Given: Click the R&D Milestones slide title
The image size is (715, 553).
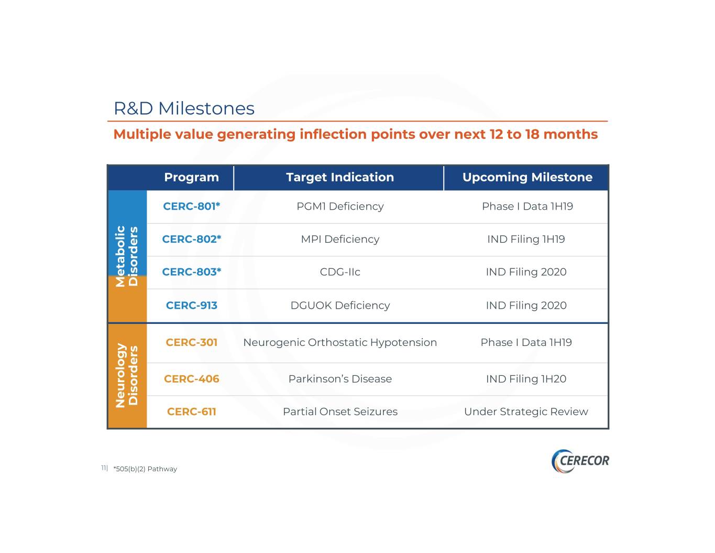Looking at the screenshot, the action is point(184,109).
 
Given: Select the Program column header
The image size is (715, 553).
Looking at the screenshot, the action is point(192,177).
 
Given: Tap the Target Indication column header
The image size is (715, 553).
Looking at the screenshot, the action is point(340,177).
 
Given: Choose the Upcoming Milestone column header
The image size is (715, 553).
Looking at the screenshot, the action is point(527,177).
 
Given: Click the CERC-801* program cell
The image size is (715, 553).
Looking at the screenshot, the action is point(192,207).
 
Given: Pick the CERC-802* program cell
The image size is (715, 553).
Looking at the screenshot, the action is point(192,239).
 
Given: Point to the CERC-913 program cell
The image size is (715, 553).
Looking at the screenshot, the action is point(192,306).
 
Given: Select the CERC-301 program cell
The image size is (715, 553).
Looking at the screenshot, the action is point(192,342).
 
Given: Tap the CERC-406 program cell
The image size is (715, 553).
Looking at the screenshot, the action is point(192,379).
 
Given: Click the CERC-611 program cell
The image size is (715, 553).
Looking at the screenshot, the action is point(192,411).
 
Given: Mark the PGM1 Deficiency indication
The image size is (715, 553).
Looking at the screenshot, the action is point(340,207).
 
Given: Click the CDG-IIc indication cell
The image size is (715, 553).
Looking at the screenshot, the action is point(340,272).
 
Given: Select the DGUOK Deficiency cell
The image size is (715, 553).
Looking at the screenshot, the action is point(340,306).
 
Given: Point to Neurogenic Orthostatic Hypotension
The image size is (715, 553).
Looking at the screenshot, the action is point(340,343).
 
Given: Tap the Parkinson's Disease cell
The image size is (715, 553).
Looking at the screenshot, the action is point(340,379).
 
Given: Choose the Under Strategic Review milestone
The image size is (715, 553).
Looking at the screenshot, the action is point(526,412).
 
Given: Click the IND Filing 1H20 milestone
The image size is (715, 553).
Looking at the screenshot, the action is point(526,379).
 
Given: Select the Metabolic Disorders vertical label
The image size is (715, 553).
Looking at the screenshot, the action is point(127,256).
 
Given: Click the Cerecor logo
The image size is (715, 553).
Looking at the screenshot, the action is point(580,461).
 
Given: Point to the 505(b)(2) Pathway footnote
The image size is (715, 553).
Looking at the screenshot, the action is point(145,469).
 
